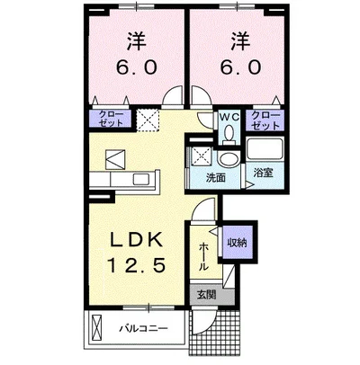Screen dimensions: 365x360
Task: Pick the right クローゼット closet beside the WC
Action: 264,120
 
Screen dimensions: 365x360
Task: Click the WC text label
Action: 229,116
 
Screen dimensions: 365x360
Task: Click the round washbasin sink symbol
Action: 229,159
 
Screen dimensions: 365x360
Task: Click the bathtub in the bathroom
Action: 264,153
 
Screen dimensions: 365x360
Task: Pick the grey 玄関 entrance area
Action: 206,294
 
